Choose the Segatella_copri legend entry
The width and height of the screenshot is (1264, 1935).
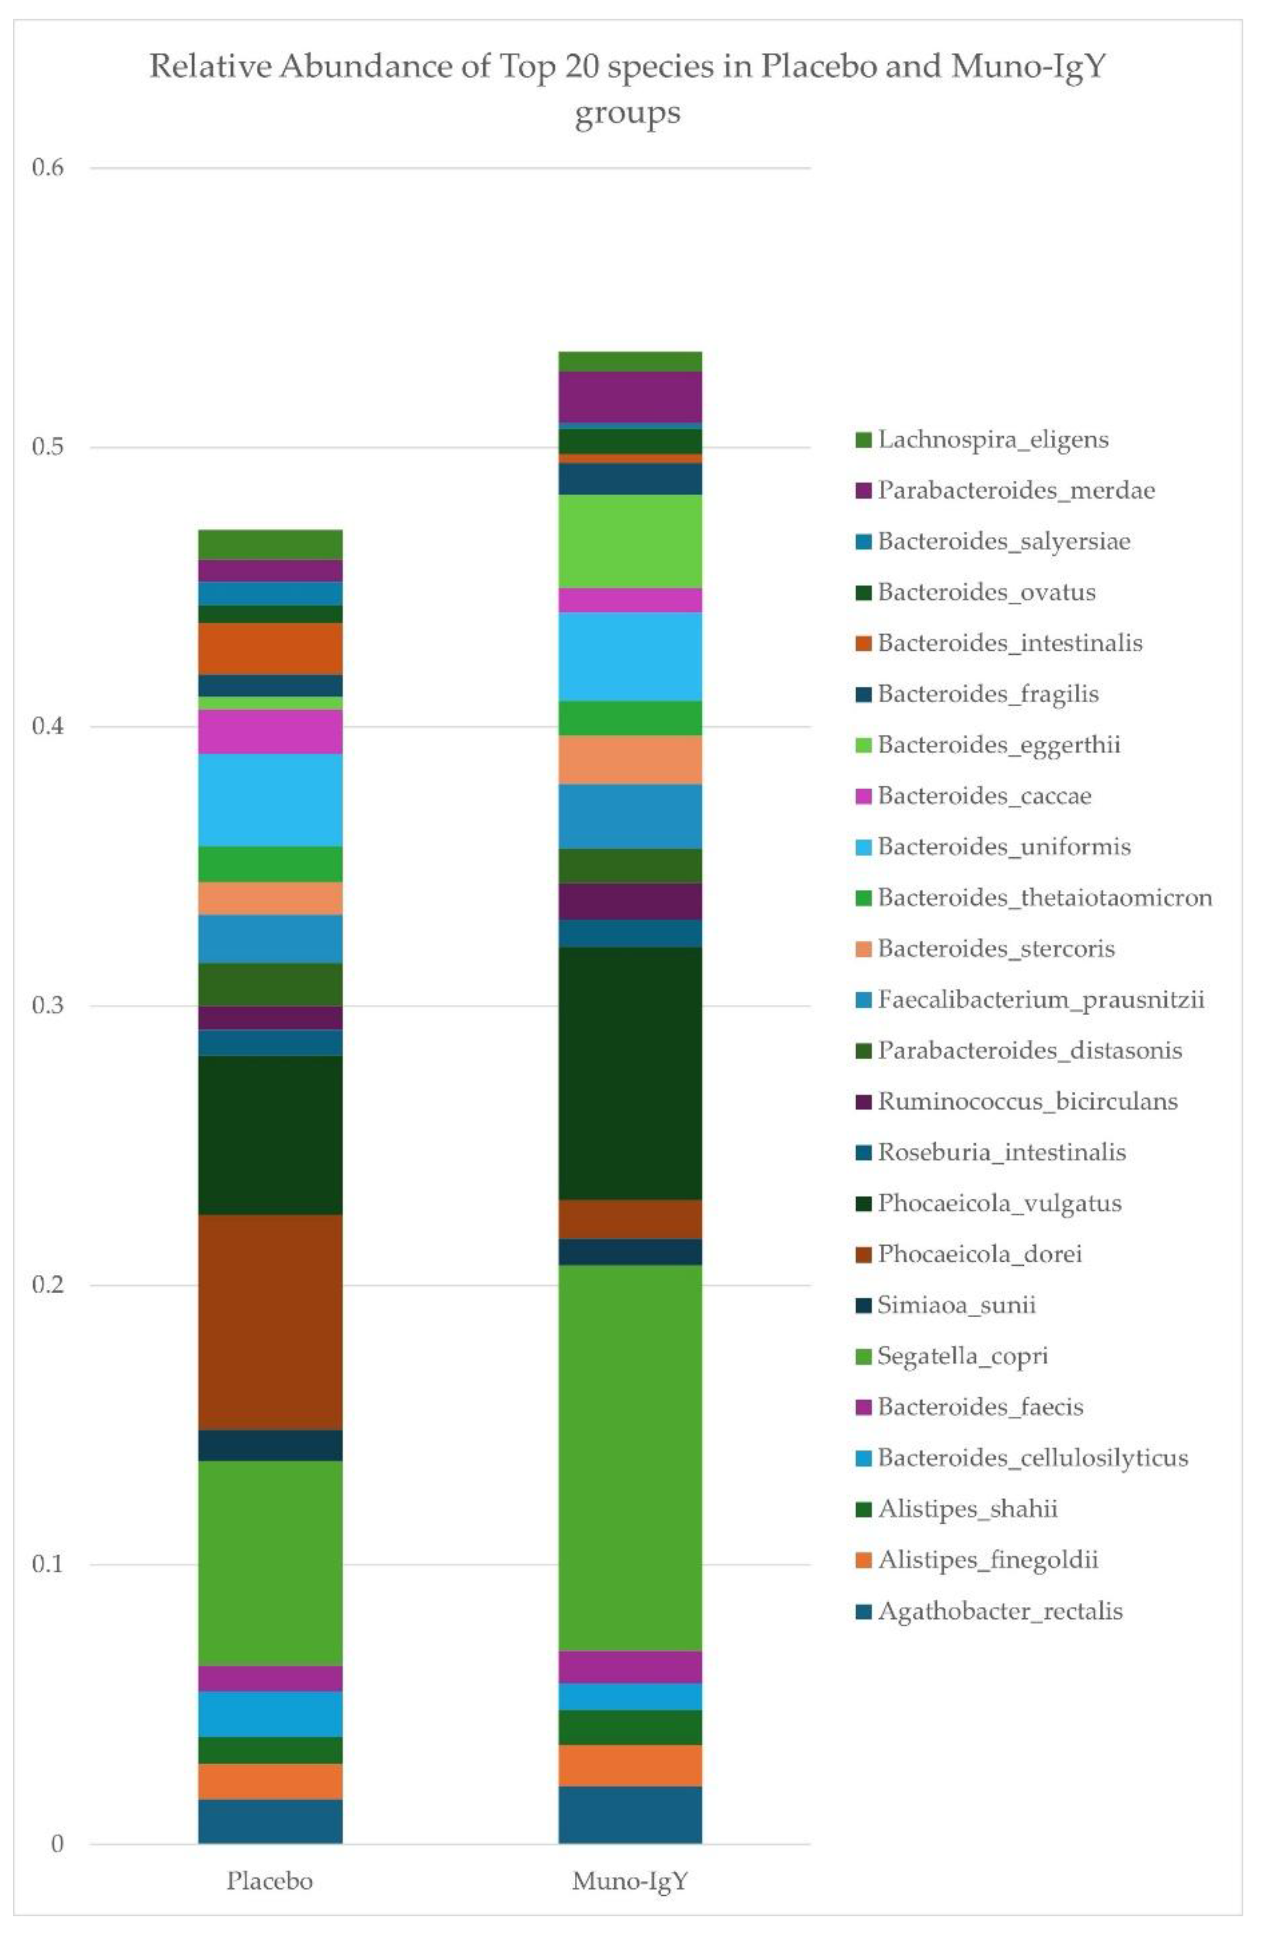click(x=962, y=1356)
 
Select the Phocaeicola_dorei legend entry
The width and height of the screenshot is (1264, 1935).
click(x=979, y=1254)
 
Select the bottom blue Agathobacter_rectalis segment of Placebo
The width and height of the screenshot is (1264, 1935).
click(x=270, y=1820)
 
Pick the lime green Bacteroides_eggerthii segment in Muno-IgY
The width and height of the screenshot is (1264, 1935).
click(x=630, y=541)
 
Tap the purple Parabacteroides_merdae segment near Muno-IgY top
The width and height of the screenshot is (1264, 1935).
click(x=630, y=397)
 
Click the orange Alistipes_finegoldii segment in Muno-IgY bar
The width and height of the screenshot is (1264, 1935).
click(x=630, y=1764)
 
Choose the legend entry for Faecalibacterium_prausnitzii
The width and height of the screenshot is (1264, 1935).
click(x=1039, y=1000)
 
